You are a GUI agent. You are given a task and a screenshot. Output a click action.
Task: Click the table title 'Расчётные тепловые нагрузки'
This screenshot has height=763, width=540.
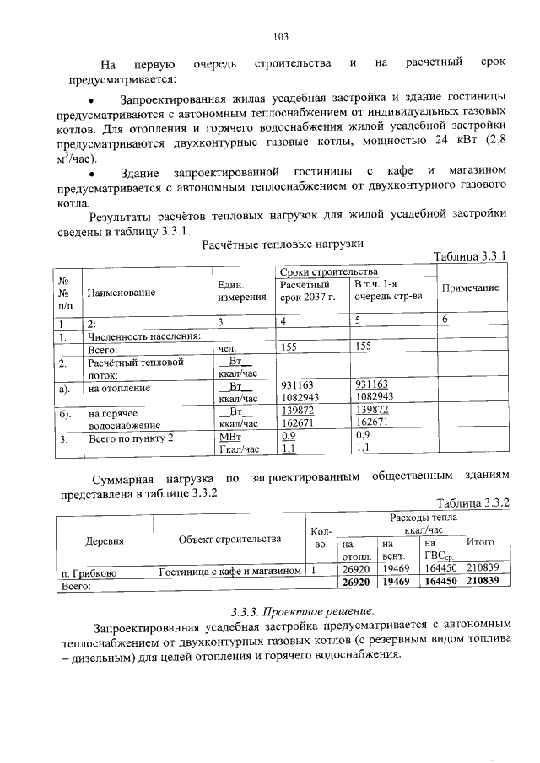283,244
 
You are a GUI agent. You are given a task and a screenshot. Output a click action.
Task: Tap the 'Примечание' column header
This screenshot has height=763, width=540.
470,288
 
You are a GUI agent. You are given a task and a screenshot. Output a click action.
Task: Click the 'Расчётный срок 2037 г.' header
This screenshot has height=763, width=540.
308,292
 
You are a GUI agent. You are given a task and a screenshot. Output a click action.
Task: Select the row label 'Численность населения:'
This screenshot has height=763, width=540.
143,336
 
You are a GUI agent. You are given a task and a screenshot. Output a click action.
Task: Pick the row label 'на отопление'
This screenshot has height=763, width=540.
118,389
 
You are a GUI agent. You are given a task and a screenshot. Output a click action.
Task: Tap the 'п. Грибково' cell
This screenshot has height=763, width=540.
88,572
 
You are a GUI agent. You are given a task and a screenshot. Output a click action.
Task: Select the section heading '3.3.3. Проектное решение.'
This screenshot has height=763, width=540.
301,610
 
